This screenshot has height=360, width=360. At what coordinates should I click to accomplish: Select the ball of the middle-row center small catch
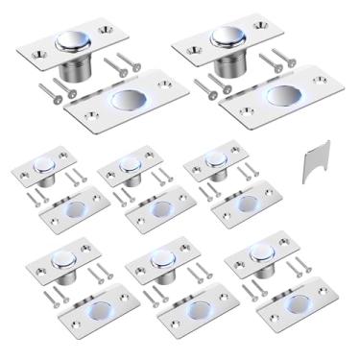tap(126, 162)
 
